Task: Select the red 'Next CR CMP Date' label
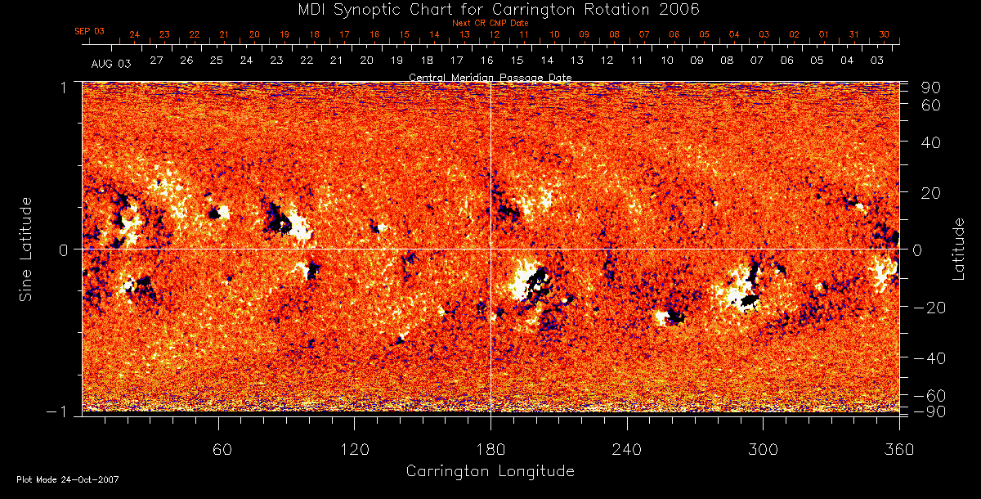[490, 23]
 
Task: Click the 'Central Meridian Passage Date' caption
[490, 77]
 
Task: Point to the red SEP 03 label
[89, 31]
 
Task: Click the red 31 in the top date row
[853, 34]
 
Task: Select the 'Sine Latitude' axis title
[26, 248]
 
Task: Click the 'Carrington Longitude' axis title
[490, 471]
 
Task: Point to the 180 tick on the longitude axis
[490, 449]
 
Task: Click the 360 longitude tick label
[899, 449]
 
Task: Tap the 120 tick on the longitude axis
[354, 449]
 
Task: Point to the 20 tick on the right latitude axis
[935, 193]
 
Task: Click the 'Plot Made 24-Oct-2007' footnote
[67, 479]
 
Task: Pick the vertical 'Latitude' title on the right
[958, 248]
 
